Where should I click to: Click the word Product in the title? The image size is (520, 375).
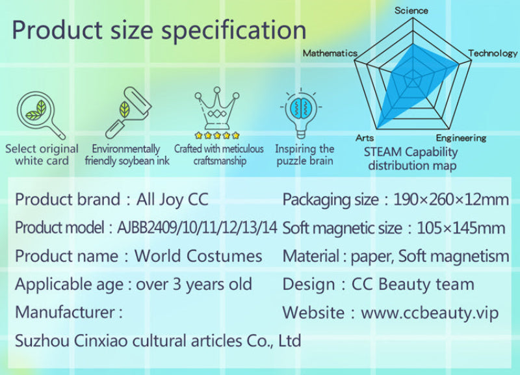coord(58,30)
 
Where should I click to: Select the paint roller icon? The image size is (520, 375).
coord(128,112)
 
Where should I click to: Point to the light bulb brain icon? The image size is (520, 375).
coord(301,113)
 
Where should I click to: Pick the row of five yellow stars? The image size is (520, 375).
coord(217,135)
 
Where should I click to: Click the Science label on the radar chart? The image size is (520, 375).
coord(411,10)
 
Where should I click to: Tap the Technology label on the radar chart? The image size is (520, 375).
coord(493,53)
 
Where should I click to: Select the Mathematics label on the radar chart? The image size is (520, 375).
coord(330,53)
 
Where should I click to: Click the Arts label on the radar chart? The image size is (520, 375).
coord(365,138)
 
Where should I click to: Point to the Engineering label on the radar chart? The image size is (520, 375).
coord(461,138)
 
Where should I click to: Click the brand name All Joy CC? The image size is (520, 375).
coord(172,200)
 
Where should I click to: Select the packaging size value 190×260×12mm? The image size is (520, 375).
coord(451,200)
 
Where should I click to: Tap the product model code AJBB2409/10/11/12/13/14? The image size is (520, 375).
coord(197,227)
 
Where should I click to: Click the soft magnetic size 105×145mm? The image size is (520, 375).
coord(461,228)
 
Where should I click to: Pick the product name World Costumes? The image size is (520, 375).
coord(198,256)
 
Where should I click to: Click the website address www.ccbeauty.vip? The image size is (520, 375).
coord(430,313)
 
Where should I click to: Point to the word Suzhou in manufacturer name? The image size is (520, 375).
coord(42,341)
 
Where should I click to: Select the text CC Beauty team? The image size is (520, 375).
coord(413,285)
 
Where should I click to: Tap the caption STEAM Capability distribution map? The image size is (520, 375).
coord(411,159)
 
